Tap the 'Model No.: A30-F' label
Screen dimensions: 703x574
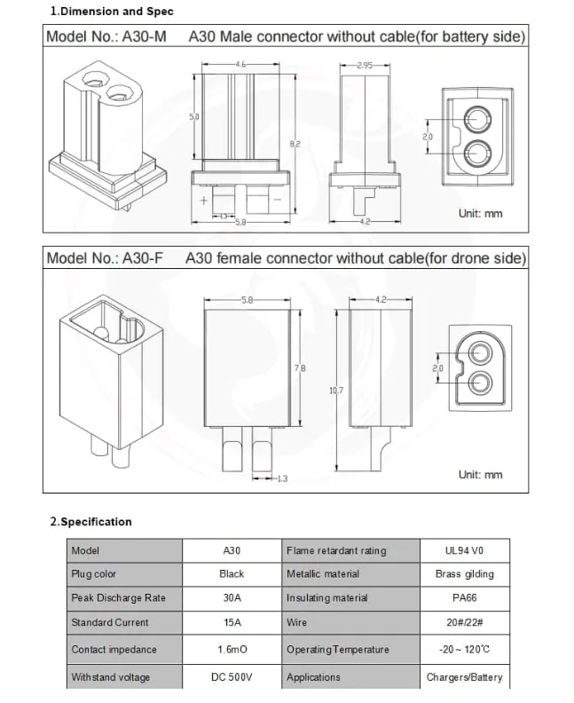tap(104, 258)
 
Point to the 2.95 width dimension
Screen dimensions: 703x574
tap(365, 66)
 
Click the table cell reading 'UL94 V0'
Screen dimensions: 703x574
tap(465, 551)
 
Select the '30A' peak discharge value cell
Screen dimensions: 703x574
tap(232, 598)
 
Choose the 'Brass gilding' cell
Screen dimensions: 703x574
tap(465, 574)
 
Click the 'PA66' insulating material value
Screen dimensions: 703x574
tap(465, 598)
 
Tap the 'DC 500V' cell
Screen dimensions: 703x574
tap(232, 677)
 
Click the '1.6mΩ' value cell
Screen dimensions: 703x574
tap(232, 650)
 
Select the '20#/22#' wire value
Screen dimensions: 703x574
tap(465, 622)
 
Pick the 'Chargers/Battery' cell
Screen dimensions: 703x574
tap(465, 677)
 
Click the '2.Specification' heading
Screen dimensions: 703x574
tap(90, 522)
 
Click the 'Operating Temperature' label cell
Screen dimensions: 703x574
tap(337, 650)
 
